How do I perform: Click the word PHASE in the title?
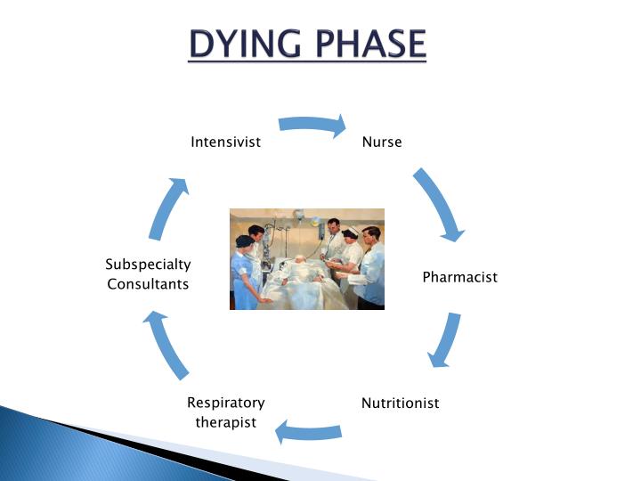pyautogui.click(x=365, y=44)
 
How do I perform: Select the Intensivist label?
pyautogui.click(x=226, y=142)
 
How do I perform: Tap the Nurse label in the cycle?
pyautogui.click(x=382, y=142)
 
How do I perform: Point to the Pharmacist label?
pyautogui.click(x=459, y=277)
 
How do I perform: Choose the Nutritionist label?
pyautogui.click(x=400, y=403)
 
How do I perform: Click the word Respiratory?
pyautogui.click(x=226, y=403)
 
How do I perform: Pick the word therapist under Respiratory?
pyautogui.click(x=226, y=421)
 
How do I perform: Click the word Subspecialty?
pyautogui.click(x=148, y=265)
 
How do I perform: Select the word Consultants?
pyautogui.click(x=148, y=284)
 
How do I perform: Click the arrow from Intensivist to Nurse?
pyautogui.click(x=312, y=125)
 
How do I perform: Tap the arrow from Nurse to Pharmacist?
pyautogui.click(x=440, y=205)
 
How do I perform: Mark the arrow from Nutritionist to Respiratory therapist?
pyautogui.click(x=308, y=432)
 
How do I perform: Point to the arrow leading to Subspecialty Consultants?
pyautogui.click(x=167, y=343)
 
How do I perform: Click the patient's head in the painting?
pyautogui.click(x=302, y=261)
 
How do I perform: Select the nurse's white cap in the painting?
pyautogui.click(x=350, y=233)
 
